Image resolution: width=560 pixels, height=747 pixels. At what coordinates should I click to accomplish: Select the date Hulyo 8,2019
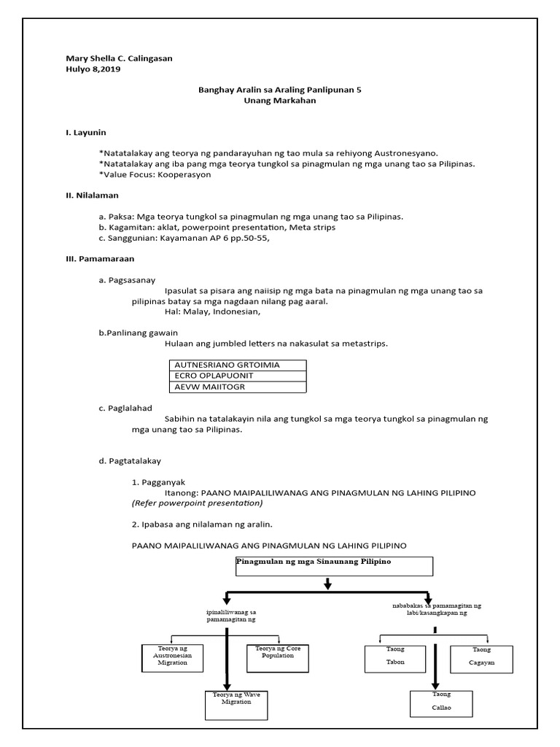point(93,69)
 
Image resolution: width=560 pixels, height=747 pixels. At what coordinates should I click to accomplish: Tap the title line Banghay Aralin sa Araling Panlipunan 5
point(280,90)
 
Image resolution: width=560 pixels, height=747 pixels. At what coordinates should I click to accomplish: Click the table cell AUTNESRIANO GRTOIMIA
point(227,364)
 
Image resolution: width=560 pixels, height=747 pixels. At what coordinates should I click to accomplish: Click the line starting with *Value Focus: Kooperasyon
point(150,174)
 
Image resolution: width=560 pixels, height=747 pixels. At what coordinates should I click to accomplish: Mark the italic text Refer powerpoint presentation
point(197,503)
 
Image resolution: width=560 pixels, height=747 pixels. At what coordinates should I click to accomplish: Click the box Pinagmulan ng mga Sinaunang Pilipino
point(334,565)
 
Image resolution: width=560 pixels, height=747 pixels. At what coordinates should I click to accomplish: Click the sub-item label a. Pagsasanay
point(126,279)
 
